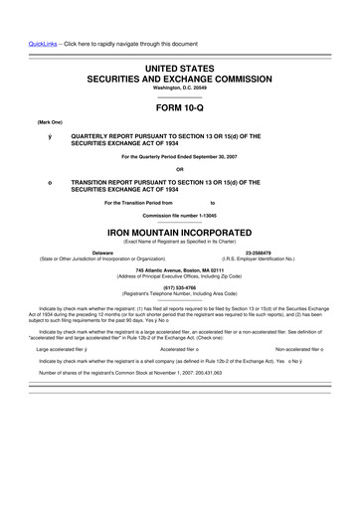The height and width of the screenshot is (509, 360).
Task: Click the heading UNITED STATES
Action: tap(179, 66)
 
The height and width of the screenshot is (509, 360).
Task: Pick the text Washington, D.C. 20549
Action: tap(179, 86)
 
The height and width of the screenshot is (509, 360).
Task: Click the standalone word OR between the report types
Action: tap(179, 168)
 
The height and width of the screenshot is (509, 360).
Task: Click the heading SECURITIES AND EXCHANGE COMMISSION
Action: tap(179, 76)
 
